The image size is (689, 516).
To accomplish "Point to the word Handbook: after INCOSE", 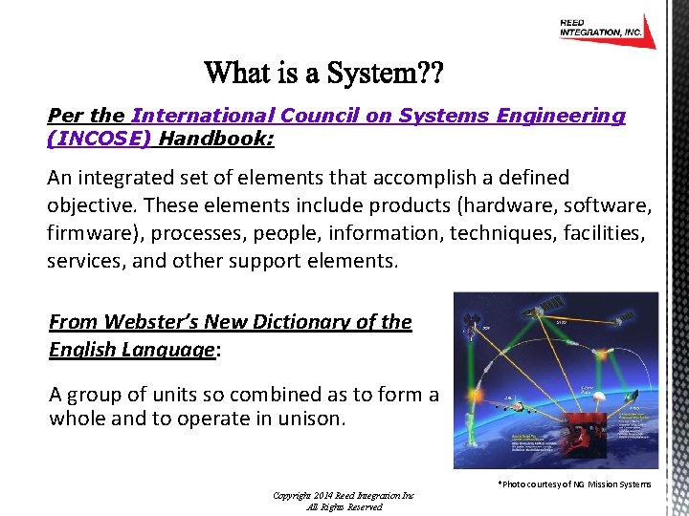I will [x=217, y=139].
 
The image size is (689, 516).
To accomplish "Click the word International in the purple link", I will [x=202, y=116].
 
